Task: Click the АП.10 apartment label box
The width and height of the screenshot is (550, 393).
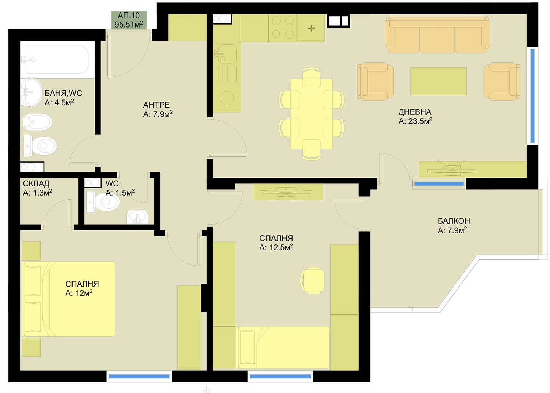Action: (129, 20)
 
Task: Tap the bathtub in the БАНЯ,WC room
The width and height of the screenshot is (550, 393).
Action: (57, 60)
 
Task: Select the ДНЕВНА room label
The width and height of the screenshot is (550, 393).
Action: (414, 112)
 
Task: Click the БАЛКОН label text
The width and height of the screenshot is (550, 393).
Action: (454, 221)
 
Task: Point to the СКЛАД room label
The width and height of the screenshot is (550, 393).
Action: (36, 183)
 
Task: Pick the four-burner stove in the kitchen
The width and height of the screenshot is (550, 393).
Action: (283, 28)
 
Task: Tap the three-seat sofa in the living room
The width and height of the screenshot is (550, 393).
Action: (437, 35)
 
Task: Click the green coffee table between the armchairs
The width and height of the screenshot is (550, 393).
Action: (438, 81)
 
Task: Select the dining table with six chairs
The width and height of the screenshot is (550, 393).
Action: (311, 114)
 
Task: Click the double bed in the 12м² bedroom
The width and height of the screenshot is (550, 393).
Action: (69, 299)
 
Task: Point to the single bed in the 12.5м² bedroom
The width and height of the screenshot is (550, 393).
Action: (283, 347)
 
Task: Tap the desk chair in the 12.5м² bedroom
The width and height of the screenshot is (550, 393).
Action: (312, 280)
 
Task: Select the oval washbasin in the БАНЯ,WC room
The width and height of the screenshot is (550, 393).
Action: (31, 92)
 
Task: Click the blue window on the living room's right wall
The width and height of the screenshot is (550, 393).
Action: (532, 96)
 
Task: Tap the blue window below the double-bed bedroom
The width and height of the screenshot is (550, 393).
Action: (139, 376)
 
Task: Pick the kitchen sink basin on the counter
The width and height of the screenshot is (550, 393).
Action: (226, 54)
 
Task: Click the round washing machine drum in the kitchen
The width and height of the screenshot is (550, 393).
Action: (227, 98)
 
